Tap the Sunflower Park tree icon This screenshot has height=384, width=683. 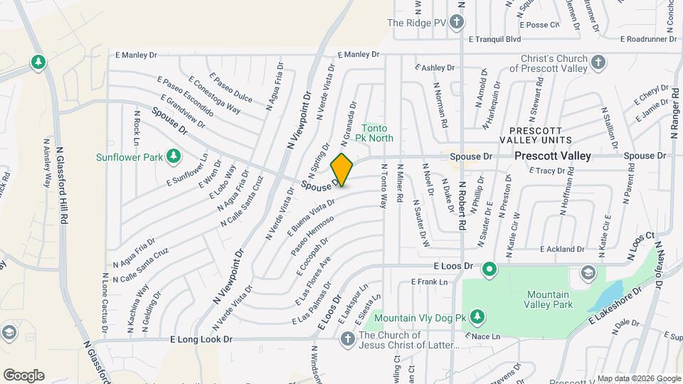click(173, 156)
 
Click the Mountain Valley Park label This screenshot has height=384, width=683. click(549, 299)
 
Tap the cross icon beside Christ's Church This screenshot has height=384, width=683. click(598, 62)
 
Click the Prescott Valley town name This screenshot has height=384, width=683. click(553, 155)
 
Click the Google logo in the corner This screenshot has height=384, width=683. click(23, 375)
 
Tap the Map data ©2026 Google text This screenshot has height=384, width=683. click(638, 378)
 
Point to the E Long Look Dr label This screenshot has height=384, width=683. click(201, 340)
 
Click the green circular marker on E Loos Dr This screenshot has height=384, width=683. click(489, 269)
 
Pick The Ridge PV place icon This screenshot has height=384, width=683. click(457, 22)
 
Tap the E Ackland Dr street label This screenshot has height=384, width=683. click(562, 249)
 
